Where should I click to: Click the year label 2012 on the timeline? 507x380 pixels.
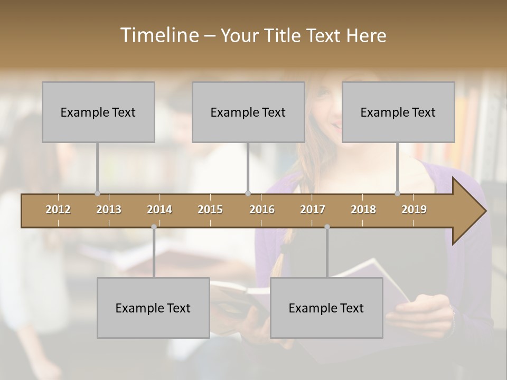pyautogui.click(x=58, y=210)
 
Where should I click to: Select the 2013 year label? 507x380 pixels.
pyautogui.click(x=109, y=210)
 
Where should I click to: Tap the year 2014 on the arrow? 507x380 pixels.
pyautogui.click(x=159, y=210)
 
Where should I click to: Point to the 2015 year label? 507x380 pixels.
pyautogui.click(x=210, y=210)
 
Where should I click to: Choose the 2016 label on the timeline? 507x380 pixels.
pyautogui.click(x=262, y=210)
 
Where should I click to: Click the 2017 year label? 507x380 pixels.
pyautogui.click(x=313, y=210)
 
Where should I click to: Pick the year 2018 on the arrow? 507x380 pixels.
pyautogui.click(x=363, y=210)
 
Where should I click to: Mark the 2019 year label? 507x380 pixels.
pyautogui.click(x=414, y=210)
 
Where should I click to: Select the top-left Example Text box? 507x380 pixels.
pyautogui.click(x=98, y=112)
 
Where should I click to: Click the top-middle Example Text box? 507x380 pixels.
pyautogui.click(x=248, y=112)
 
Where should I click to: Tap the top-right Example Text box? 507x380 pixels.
pyautogui.click(x=398, y=112)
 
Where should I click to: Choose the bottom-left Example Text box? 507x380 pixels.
pyautogui.click(x=153, y=308)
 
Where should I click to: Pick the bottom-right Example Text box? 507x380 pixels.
pyautogui.click(x=326, y=308)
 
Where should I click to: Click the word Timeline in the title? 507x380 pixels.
pyautogui.click(x=158, y=35)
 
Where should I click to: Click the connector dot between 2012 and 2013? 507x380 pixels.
pyautogui.click(x=97, y=193)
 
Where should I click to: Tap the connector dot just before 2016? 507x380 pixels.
pyautogui.click(x=248, y=193)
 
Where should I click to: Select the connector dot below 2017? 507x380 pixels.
pyautogui.click(x=327, y=227)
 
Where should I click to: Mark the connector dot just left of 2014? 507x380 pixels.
pyautogui.click(x=154, y=227)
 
